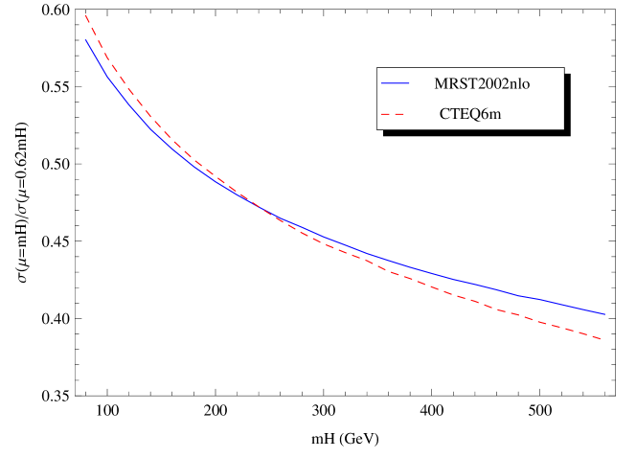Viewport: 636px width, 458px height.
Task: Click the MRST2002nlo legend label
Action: (x=482, y=83)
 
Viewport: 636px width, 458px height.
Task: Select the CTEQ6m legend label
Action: (x=470, y=114)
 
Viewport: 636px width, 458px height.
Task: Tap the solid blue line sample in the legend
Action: (x=395, y=83)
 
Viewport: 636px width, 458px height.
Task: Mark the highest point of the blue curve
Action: (x=86, y=40)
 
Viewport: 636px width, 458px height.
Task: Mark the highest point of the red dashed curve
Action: (x=85, y=14)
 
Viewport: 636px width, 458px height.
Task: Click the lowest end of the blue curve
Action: (x=604, y=314)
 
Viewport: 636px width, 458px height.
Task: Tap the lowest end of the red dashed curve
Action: (x=602, y=339)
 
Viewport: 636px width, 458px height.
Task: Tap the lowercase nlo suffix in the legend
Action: (x=521, y=83)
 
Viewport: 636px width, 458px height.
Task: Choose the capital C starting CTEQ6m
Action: (x=445, y=114)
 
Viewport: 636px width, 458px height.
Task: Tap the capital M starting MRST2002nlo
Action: (x=441, y=83)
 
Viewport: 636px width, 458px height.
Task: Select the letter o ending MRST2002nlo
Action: (x=527, y=83)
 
